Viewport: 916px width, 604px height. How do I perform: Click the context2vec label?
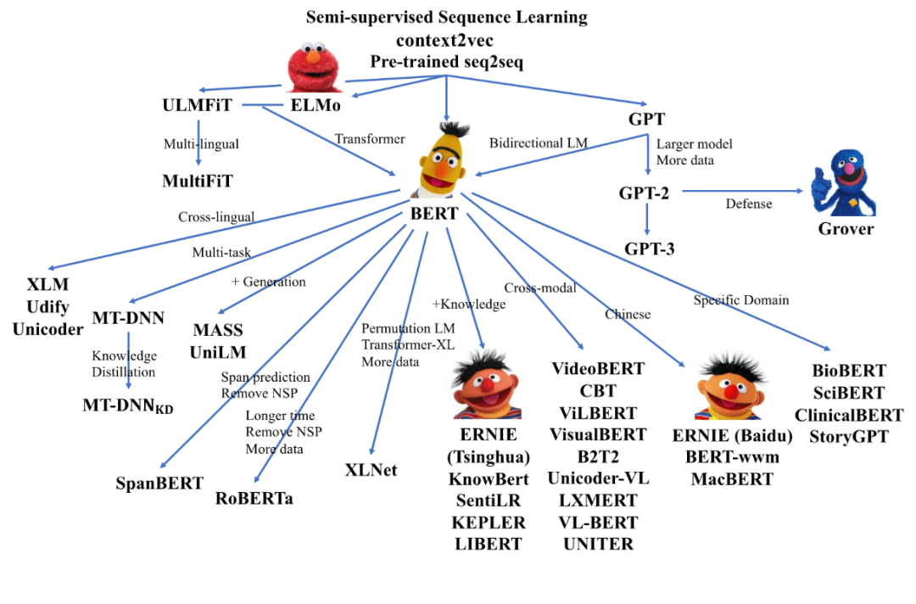[x=444, y=40]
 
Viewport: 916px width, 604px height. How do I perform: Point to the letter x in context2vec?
[x=438, y=41]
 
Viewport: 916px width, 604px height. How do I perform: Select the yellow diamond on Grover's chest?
[x=852, y=204]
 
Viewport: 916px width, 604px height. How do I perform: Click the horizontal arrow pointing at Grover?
[x=742, y=191]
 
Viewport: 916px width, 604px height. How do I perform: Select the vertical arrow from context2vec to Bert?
[x=446, y=100]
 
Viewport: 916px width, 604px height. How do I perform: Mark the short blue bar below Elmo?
[x=263, y=104]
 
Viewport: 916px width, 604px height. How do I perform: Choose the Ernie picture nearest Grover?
[x=732, y=384]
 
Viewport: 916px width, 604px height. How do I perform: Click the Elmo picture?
[x=314, y=64]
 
